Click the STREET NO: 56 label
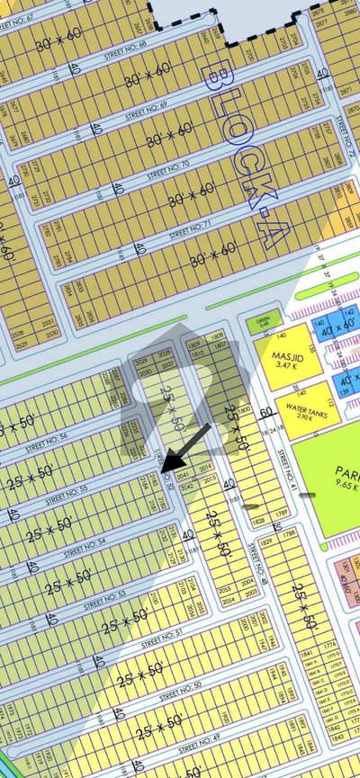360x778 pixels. pyautogui.click(x=47, y=442)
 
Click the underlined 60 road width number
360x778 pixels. pyautogui.click(x=266, y=415)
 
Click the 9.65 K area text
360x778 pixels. pyautogui.click(x=345, y=486)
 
